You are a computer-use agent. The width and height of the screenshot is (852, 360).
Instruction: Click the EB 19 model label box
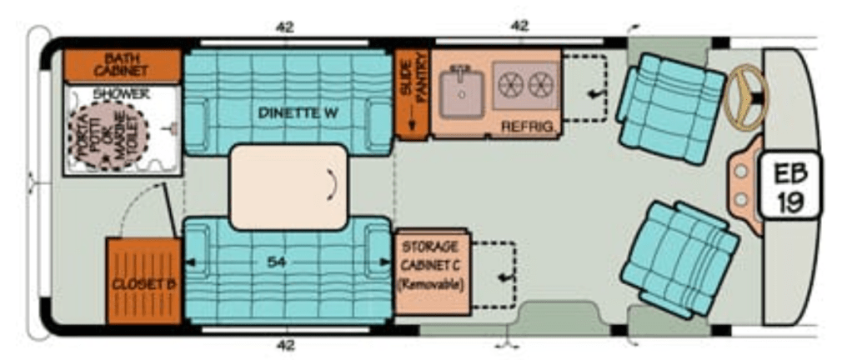pos(790,185)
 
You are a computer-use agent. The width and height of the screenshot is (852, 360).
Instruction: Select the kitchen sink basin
pos(462,94)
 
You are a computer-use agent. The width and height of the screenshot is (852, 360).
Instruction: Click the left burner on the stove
pos(511,85)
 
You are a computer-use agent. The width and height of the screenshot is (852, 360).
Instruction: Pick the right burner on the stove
pos(541,85)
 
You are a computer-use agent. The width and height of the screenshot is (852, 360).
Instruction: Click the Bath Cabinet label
pos(120,64)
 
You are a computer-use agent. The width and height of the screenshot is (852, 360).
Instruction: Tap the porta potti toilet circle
pos(108,136)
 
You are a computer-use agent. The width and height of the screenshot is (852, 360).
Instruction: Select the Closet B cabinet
pos(143,281)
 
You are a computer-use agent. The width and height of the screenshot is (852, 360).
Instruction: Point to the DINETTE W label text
pos(298,113)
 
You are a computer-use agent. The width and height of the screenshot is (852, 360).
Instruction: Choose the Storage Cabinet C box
pos(433,272)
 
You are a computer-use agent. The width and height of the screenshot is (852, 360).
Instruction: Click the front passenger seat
pos(679,259)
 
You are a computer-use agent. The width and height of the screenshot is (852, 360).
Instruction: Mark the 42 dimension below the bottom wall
pos(285,345)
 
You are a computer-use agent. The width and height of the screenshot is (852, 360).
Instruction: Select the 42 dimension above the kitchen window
pos(519,26)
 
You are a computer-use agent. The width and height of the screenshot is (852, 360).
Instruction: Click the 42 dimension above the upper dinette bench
pos(285,27)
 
